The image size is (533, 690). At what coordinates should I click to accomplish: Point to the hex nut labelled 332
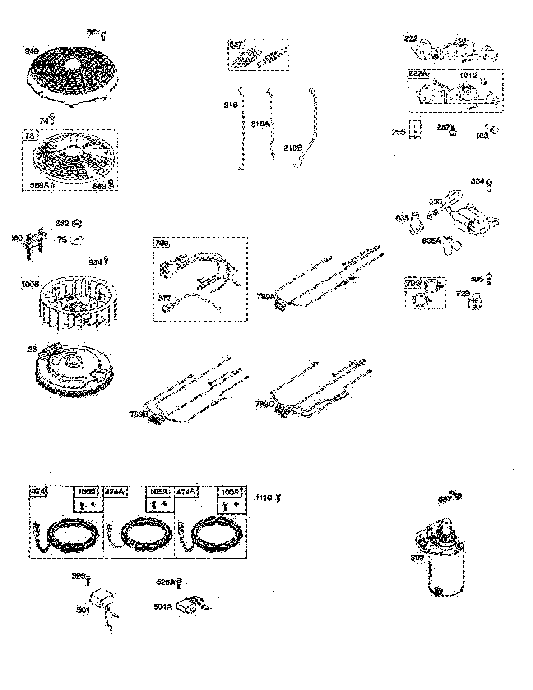tap(77, 224)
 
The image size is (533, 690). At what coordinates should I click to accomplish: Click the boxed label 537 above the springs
tap(236, 45)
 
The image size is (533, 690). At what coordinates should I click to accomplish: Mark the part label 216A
tap(260, 124)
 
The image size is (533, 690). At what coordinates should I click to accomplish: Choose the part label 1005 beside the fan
tap(30, 284)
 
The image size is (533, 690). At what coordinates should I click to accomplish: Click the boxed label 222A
tap(418, 74)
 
